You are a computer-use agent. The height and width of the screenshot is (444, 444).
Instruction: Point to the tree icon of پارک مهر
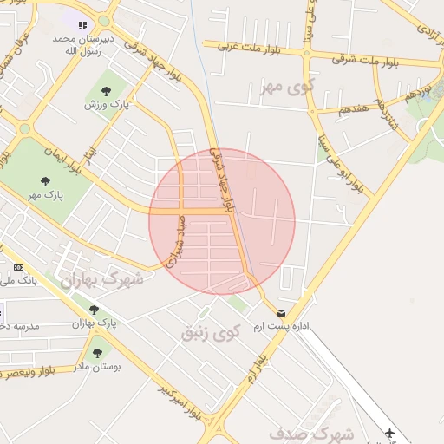[x=45, y=181]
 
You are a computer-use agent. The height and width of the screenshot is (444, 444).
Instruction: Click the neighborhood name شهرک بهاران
[x=102, y=279]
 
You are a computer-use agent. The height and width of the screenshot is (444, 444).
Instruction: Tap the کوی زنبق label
[x=209, y=331]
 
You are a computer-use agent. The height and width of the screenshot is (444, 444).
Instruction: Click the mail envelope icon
[x=280, y=312]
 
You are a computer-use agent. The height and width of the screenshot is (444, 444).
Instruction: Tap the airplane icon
[x=389, y=433]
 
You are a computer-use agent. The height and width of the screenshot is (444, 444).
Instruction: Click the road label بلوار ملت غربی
[x=251, y=46]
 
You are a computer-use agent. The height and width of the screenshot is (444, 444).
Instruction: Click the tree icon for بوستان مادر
[x=96, y=353]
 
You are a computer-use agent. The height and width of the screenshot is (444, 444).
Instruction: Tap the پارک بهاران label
[x=94, y=323]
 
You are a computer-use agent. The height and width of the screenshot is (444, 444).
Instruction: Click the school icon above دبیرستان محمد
[x=82, y=26]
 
